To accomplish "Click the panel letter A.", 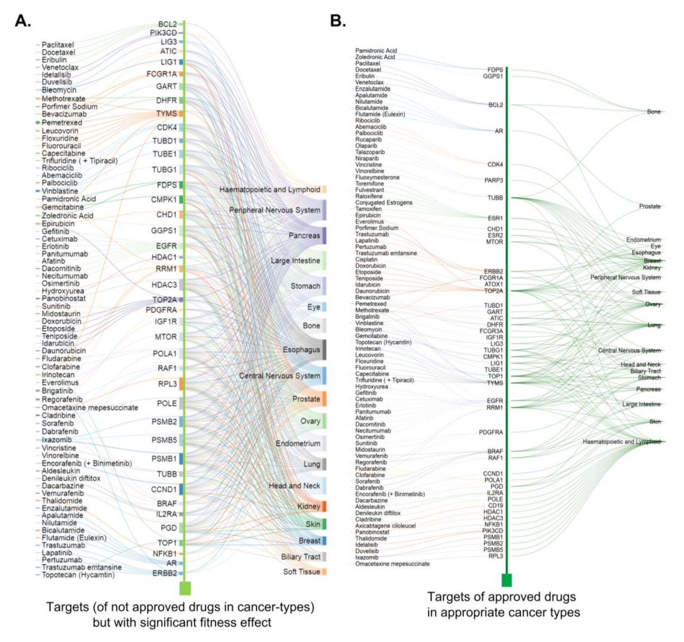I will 22,21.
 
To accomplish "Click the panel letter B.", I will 338,21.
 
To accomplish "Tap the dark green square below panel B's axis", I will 507,580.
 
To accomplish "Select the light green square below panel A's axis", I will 185,588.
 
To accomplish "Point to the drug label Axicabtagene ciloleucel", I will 385,526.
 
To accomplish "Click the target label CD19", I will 495,505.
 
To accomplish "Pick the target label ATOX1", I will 493,284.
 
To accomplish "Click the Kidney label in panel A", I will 309,506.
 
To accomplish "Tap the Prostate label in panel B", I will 649,206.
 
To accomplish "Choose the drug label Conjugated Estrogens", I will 383,203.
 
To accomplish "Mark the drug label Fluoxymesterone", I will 377,177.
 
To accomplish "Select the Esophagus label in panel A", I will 301,349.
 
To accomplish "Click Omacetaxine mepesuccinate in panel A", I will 90,408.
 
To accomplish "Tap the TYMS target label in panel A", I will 166,114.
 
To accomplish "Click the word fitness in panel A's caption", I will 210,622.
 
